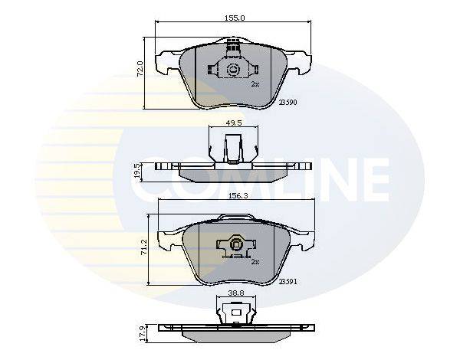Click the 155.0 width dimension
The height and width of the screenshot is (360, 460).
click(235, 18)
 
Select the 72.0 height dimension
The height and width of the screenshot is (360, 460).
click(140, 69)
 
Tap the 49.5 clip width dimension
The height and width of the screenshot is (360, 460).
click(234, 123)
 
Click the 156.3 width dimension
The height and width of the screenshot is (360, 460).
click(238, 195)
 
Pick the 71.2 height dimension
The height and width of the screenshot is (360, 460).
click(144, 247)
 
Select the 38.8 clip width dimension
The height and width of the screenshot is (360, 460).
click(236, 293)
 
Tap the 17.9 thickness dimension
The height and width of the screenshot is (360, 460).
click(143, 334)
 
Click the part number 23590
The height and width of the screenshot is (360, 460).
click(287, 103)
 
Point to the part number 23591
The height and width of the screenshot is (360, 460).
click(287, 282)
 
